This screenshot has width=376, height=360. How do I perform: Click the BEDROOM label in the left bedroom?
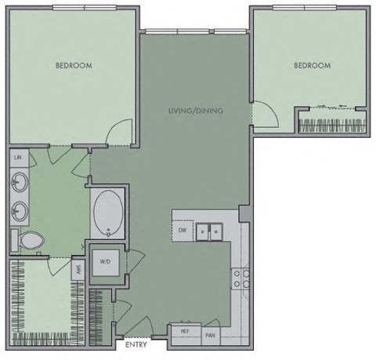click(74, 66)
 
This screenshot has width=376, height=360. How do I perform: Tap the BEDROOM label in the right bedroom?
click(312, 66)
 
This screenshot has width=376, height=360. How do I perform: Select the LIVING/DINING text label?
click(195, 111)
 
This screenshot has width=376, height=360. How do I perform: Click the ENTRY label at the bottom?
click(136, 344)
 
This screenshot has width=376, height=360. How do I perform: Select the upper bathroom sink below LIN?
click(19, 184)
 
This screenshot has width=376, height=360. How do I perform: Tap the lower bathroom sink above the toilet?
click(19, 211)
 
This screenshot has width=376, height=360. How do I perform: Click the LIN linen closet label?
click(18, 158)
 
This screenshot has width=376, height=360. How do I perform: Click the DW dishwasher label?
click(181, 231)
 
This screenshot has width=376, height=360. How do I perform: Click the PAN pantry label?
click(210, 335)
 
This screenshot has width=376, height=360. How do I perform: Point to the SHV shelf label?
click(78, 268)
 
